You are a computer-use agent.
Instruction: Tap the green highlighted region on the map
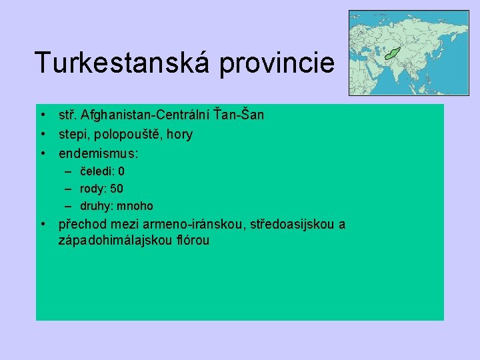tap(392, 52)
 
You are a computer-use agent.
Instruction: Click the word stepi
tap(71, 135)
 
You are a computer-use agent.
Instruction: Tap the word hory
tap(180, 135)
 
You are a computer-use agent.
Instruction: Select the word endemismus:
tap(99, 153)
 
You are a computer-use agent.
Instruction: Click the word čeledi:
tap(97, 171)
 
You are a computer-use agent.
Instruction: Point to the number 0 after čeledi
tap(121, 171)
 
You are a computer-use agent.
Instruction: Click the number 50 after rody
tap(116, 189)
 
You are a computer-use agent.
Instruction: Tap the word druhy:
tap(98, 206)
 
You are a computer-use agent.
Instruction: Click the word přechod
tap(81, 225)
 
